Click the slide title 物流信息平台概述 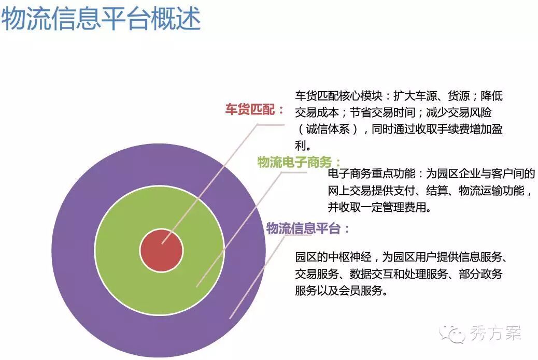coord(101,19)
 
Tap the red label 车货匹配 coord(249,109)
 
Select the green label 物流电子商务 coord(294,162)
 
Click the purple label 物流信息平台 coord(303,228)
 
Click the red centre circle coord(161,251)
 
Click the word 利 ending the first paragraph coord(300,146)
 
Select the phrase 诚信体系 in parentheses coord(328,129)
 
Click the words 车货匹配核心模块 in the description coord(338,96)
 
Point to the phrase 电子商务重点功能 coord(371,174)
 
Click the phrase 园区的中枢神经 coord(333,257)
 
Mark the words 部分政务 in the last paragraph coord(480,273)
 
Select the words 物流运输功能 coord(491,190)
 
